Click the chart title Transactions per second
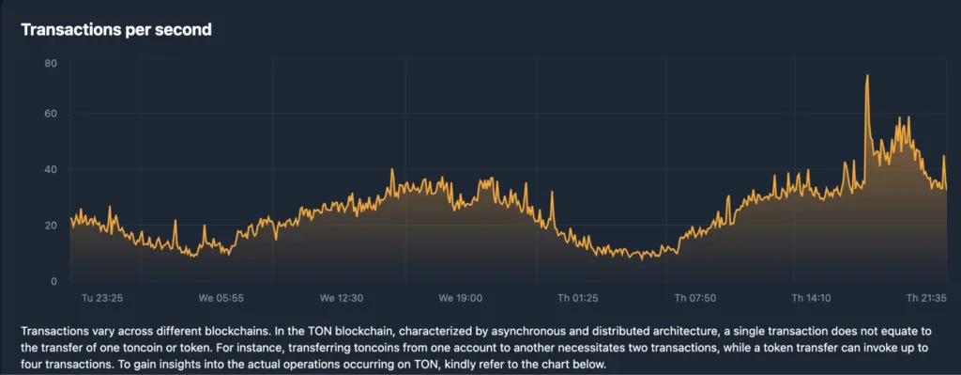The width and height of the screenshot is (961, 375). (115, 30)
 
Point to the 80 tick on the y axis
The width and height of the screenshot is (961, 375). (51, 63)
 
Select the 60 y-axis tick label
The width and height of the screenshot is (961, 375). (51, 114)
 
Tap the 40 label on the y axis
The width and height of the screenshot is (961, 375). (51, 169)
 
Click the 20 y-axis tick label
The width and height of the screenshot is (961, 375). (51, 226)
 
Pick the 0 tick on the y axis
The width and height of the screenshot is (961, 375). (54, 281)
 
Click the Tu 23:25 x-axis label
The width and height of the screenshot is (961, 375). (103, 298)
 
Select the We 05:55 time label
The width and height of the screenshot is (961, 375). (221, 298)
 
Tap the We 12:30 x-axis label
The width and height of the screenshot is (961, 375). (341, 298)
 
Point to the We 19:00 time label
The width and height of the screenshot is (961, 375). (460, 298)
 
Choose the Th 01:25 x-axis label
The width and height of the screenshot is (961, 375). (578, 298)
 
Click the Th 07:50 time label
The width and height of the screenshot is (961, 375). (696, 298)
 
